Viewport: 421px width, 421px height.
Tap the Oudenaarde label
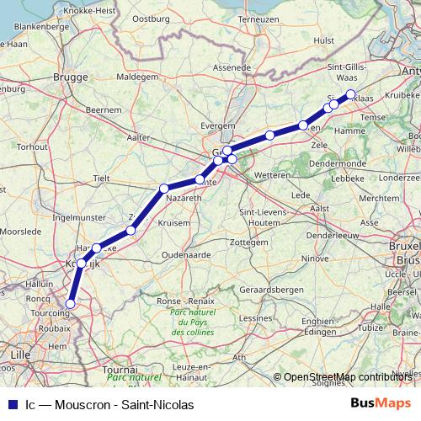coord(186,253)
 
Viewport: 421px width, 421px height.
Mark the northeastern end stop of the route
coord(351,94)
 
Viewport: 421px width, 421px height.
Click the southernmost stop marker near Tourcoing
coord(70,303)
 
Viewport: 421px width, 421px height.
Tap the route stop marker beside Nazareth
coord(164,188)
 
